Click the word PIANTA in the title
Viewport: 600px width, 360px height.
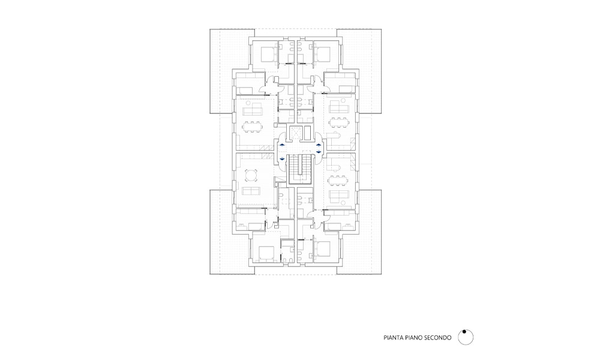392,338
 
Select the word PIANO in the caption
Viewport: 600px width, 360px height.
410,338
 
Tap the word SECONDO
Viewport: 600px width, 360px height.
436,338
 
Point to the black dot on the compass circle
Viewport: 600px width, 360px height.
464,332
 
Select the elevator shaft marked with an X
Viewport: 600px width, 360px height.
296,133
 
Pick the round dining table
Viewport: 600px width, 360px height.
251,175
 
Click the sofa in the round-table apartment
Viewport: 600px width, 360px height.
251,191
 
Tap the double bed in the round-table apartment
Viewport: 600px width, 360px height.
266,253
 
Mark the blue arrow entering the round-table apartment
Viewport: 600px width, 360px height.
282,158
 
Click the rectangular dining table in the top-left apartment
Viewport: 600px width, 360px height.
251,127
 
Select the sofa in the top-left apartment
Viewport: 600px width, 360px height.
253,109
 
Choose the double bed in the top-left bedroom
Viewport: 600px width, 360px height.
268,55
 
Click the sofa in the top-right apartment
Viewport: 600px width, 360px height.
339,107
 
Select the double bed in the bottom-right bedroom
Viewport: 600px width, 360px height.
323,250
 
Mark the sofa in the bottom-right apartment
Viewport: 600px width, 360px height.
338,195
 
